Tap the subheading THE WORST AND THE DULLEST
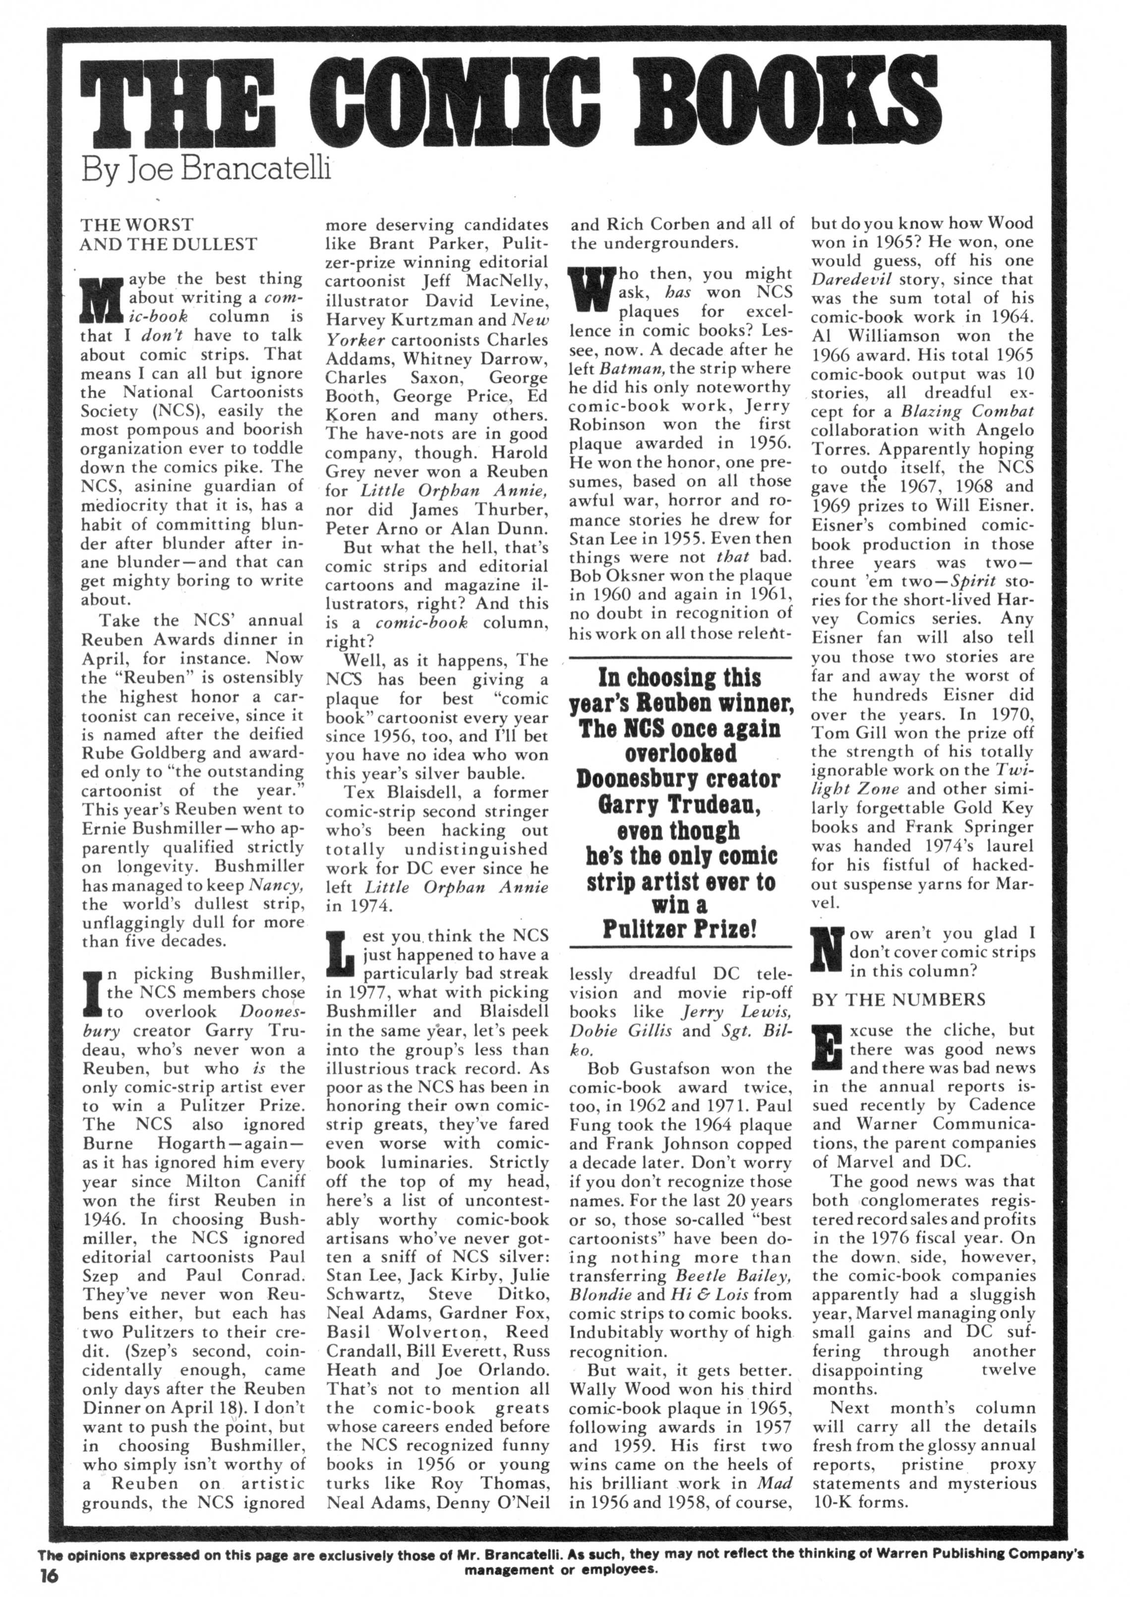(x=169, y=234)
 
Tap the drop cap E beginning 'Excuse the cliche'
(x=827, y=1049)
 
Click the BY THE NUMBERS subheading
(x=898, y=1000)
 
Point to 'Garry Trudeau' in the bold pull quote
(x=680, y=805)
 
